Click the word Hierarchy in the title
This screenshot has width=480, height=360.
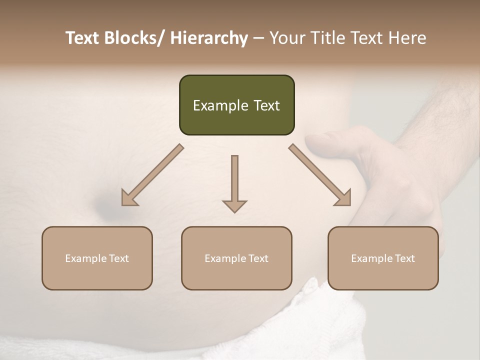(209, 38)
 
